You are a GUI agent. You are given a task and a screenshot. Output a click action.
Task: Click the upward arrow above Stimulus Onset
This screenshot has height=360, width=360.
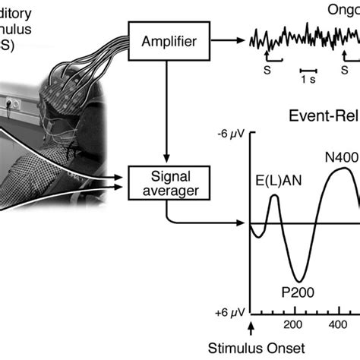click(x=251, y=328)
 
